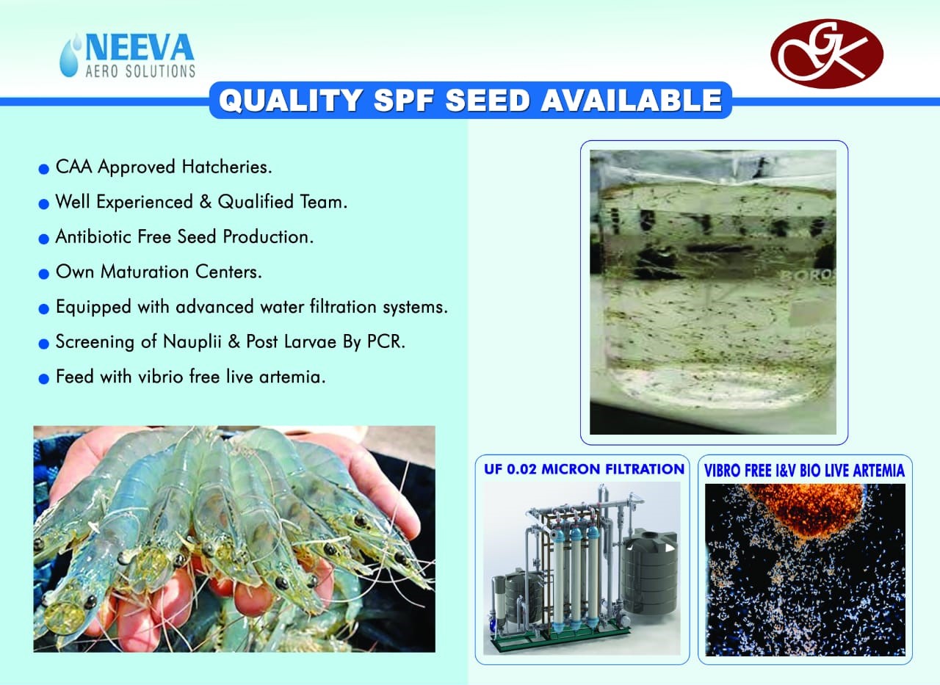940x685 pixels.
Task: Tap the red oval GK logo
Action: pyautogui.click(x=827, y=54)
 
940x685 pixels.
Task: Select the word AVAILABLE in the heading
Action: pyautogui.click(x=631, y=101)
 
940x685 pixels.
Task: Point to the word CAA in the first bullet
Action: pyautogui.click(x=73, y=167)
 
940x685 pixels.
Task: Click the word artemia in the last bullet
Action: pyautogui.click(x=292, y=377)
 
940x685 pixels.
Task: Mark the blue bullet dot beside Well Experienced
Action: pyautogui.click(x=43, y=204)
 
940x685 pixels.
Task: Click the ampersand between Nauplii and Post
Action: pyautogui.click(x=234, y=342)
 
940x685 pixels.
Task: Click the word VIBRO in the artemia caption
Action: pyautogui.click(x=723, y=471)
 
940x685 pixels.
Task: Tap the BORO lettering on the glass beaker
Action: pyautogui.click(x=809, y=276)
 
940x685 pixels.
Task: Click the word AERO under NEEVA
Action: pyautogui.click(x=102, y=71)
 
